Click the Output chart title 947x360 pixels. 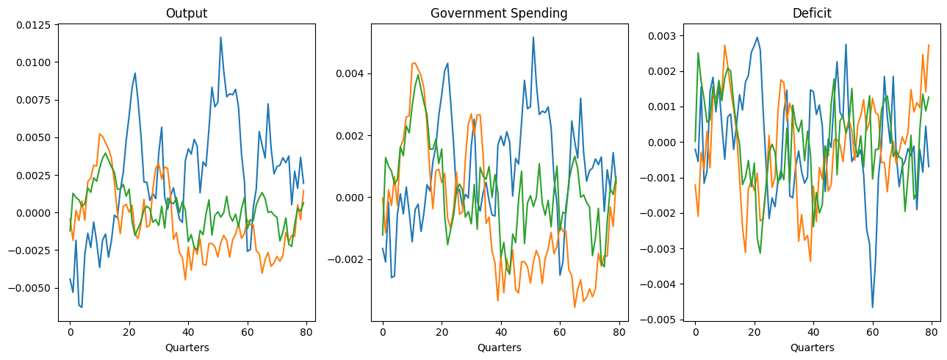(187, 13)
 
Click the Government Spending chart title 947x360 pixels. (499, 13)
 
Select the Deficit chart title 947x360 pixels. (812, 13)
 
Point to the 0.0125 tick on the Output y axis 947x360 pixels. (35, 26)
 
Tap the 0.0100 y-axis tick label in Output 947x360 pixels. (35, 62)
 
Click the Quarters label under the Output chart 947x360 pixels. (187, 348)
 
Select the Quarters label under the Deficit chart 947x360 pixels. (812, 348)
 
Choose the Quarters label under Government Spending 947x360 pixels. (499, 348)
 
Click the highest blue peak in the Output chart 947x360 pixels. (220, 37)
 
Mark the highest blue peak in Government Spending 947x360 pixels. (533, 37)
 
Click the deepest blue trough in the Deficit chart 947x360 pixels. (873, 307)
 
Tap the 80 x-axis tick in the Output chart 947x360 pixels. (306, 332)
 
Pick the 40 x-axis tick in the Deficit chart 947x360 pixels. (813, 332)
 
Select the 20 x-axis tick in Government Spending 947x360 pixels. (442, 332)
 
